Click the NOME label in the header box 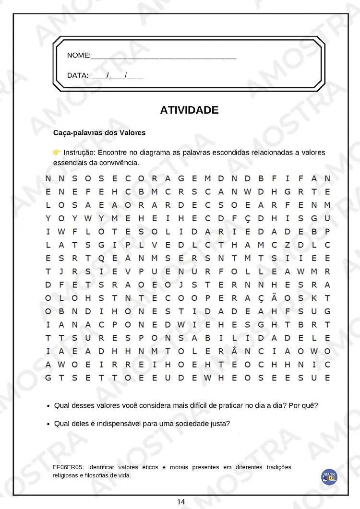coord(78,56)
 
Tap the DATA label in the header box coord(77,75)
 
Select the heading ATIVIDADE coord(189,110)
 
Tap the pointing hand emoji coord(57,152)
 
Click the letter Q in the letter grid coord(101,258)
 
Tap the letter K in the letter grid coord(314,298)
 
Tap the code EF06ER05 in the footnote coord(69,467)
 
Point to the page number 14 coord(180,502)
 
